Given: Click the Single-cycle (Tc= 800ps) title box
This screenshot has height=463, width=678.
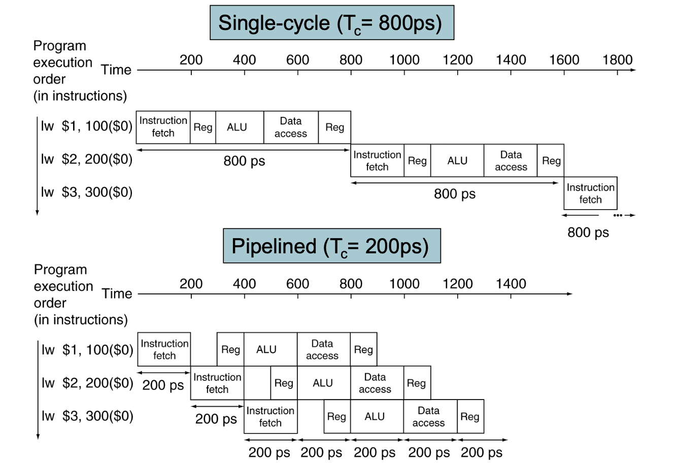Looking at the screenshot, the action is pos(332,22).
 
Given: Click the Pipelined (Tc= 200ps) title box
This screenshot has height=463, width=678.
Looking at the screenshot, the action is pos(332,246).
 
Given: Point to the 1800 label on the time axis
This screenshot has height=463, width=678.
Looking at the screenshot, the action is pos(617,60).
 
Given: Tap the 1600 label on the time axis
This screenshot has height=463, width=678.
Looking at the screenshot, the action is pos(564,60).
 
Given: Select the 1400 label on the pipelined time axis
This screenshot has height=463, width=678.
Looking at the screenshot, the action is pos(511,284).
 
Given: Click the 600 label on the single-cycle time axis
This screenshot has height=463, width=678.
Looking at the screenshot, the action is pos(297,60).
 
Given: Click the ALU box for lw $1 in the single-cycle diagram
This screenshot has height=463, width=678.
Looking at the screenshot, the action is pos(240,127).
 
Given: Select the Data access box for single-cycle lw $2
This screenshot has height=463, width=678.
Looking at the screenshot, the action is pos(511,160).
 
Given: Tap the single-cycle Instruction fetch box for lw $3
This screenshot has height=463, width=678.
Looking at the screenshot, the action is pos(591,193).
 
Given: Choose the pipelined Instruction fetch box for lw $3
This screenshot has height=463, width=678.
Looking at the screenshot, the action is pos(270,416).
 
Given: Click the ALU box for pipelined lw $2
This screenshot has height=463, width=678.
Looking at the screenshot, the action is pos(324,383).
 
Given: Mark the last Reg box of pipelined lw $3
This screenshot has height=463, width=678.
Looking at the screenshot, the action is pos(470,416).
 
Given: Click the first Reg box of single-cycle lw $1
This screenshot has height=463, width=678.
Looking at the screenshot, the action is pos(203,127).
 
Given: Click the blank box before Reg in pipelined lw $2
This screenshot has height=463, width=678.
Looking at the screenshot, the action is pos(257,383).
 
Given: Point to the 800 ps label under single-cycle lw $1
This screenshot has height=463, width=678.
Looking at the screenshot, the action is pos(244,161).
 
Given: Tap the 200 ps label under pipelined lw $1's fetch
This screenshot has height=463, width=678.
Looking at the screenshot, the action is pos(163,385).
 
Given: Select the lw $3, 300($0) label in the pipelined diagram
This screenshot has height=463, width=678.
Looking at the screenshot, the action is pos(87,416).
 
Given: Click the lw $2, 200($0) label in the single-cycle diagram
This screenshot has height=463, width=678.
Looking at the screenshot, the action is pos(87,159).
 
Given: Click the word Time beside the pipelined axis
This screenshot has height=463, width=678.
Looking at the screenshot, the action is pos(117,293).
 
